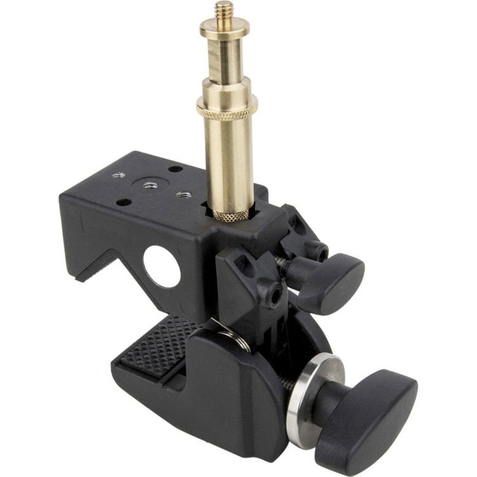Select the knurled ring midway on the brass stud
click(227, 106)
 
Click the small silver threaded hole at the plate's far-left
click(117, 175)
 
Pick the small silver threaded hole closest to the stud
click(184, 195)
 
